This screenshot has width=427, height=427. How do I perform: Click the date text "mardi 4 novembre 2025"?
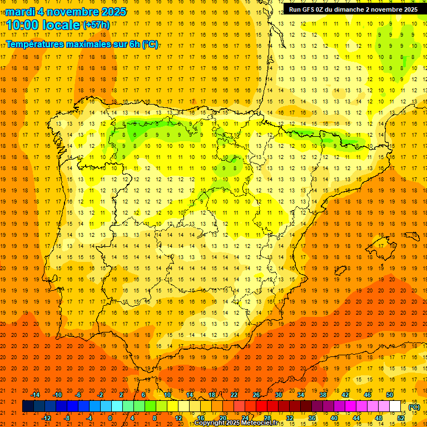[x=66, y=12]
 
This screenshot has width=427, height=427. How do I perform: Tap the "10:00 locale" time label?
[x=43, y=24]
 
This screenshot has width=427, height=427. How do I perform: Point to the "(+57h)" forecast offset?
[x=96, y=25]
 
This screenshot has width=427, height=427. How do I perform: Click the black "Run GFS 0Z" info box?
[x=353, y=9]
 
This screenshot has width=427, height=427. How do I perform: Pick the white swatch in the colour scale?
[x=395, y=406]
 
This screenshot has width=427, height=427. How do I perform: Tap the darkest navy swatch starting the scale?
[x=28, y=406]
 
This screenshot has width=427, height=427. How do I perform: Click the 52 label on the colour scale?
[x=401, y=418]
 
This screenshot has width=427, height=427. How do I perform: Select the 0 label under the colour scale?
[x=111, y=418]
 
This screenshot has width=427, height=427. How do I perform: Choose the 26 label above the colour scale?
[x=256, y=395]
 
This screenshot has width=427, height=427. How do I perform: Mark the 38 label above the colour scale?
[x=322, y=395]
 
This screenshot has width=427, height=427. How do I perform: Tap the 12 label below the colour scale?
[x=178, y=418]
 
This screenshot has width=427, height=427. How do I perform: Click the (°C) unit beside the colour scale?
[x=414, y=407]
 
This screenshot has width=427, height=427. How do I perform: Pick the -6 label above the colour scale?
[x=79, y=395]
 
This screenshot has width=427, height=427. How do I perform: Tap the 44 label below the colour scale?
[x=356, y=418]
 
